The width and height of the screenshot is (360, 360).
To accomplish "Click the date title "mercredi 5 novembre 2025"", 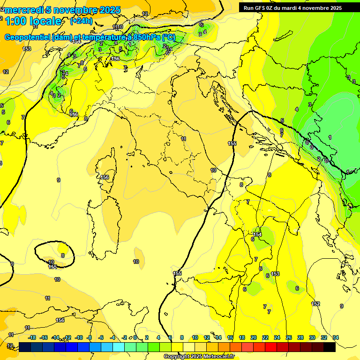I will coord(63,10).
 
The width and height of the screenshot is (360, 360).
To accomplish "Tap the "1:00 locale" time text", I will coord(33,21).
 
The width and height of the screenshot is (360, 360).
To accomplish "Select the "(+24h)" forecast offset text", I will coord(81,21).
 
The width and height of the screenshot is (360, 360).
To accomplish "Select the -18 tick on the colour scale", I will coord(32,337).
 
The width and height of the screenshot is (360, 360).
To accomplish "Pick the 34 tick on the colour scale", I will coord(336,337).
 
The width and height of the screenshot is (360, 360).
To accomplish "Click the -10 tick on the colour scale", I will coord(79,337).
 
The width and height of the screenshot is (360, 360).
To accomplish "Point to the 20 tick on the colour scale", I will coord(254,337).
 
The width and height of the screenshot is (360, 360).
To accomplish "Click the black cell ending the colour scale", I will coord(330,347).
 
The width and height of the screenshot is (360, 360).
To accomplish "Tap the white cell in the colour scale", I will coord(189,347).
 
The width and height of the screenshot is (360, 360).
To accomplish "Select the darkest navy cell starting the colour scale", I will coord(25,347).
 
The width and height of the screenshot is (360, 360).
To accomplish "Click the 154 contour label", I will coord(257,234).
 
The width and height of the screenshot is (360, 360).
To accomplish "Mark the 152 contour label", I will coord(316,304).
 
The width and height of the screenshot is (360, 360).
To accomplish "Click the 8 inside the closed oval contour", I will coord(63,255).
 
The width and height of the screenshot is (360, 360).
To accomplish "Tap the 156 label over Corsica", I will coord(105,177).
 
